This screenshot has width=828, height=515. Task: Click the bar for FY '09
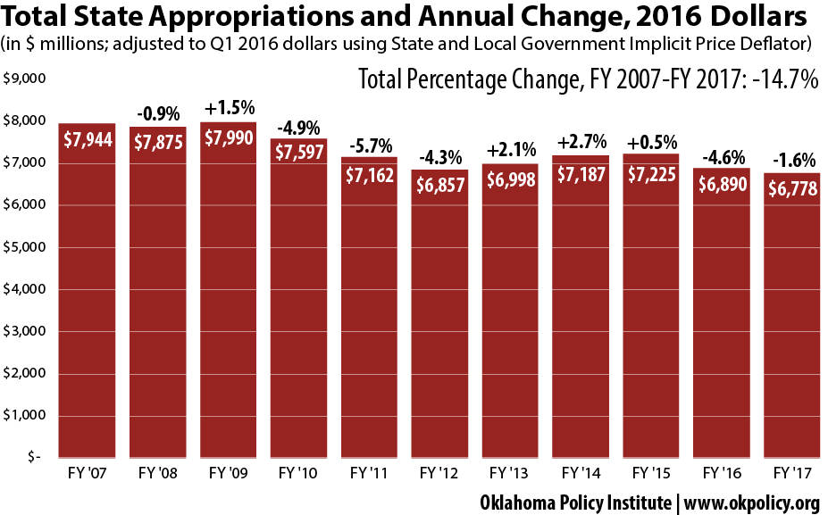pos(229,295)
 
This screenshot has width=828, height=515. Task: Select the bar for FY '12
pos(440,312)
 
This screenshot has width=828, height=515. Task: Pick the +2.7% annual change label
pos(581,141)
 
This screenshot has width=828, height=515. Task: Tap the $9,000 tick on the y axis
pos(25,79)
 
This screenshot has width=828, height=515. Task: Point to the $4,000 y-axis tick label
pos(25,289)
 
